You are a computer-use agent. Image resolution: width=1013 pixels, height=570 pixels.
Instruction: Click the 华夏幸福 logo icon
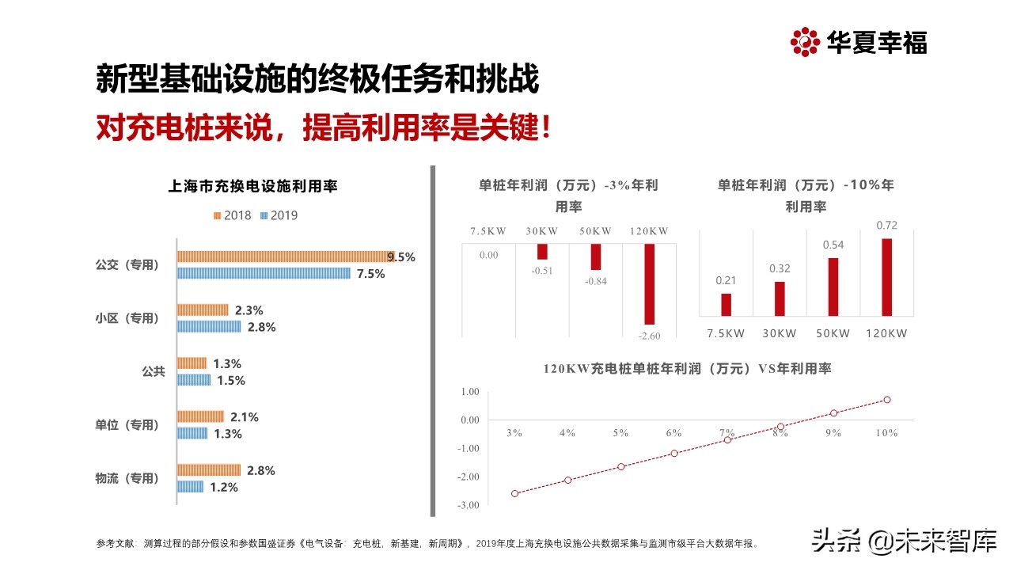804,42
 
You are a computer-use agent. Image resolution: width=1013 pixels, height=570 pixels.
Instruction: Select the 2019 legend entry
279,215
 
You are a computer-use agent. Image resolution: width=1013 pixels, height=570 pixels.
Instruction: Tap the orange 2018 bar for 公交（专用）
283,256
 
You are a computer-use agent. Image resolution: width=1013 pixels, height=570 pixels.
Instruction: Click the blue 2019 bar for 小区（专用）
208,326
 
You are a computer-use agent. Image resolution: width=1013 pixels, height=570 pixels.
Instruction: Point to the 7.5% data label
370,274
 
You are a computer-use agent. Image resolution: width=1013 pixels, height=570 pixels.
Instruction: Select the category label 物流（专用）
127,478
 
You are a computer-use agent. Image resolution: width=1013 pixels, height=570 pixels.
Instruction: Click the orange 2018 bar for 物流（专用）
208,470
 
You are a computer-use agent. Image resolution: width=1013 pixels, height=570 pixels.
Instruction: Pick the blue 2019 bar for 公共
193,380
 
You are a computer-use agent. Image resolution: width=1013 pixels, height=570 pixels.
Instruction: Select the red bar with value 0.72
886,277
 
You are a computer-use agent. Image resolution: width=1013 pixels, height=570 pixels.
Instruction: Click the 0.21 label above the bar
726,280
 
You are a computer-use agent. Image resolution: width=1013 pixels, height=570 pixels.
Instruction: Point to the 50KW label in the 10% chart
833,333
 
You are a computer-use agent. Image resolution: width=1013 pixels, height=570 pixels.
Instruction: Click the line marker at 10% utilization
886,400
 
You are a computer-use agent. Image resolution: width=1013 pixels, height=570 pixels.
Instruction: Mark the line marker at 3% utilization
515,493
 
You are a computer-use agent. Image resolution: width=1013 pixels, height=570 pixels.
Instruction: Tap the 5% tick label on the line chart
620,433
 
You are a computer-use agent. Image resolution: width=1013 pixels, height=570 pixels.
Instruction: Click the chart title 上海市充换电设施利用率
253,187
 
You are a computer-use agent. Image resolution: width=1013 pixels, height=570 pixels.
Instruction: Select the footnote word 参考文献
116,544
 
